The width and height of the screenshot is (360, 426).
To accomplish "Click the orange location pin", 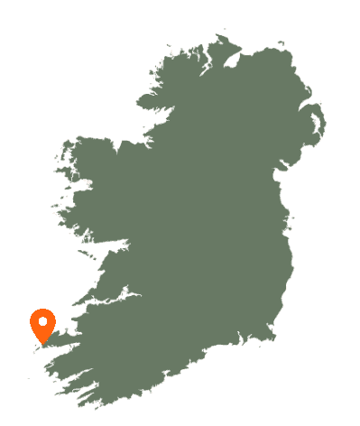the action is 42,325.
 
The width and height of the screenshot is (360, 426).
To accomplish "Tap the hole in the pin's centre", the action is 42,320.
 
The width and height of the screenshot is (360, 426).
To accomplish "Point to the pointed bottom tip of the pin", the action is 42,344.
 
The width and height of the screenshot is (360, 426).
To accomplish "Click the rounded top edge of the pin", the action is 42,310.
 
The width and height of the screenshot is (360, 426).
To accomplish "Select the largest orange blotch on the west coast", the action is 88,182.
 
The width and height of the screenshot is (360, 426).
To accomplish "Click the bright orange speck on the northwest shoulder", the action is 161,63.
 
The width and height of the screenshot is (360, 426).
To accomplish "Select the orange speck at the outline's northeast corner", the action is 282,44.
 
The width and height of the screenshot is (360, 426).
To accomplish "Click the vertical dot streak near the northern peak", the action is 207,54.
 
